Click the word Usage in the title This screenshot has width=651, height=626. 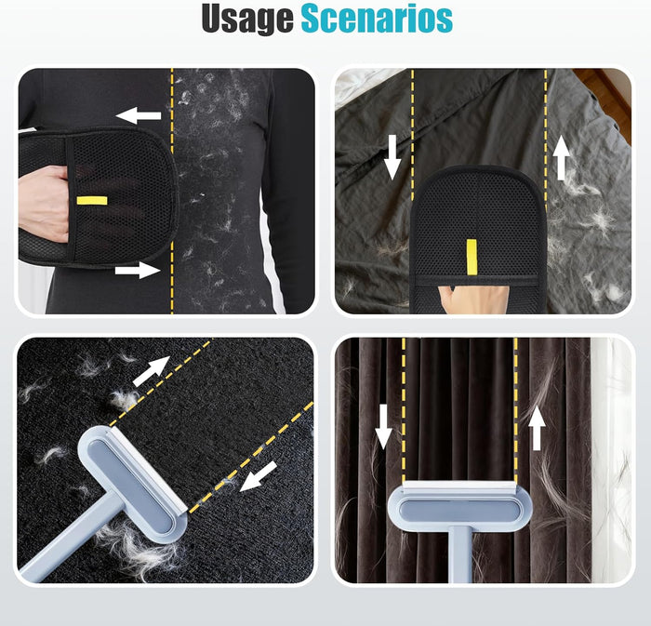coord(247,20)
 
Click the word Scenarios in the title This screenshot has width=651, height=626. coord(377,19)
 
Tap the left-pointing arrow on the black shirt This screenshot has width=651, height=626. coord(139,115)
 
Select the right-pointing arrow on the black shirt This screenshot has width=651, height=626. coord(138,271)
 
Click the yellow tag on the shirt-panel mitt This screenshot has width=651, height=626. coord(92,201)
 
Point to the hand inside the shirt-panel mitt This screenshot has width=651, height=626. coord(44,205)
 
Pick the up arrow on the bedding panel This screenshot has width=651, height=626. coord(562,158)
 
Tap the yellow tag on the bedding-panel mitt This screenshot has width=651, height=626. coord(472,257)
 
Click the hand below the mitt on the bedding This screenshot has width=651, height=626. coord(474,300)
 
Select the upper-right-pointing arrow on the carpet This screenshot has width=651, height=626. coord(151,371)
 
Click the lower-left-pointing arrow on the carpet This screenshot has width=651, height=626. coord(259,476)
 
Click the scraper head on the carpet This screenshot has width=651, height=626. coord(134,484)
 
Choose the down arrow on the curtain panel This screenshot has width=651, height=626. coord(383,427)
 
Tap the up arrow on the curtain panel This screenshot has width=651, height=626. coord(537,428)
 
